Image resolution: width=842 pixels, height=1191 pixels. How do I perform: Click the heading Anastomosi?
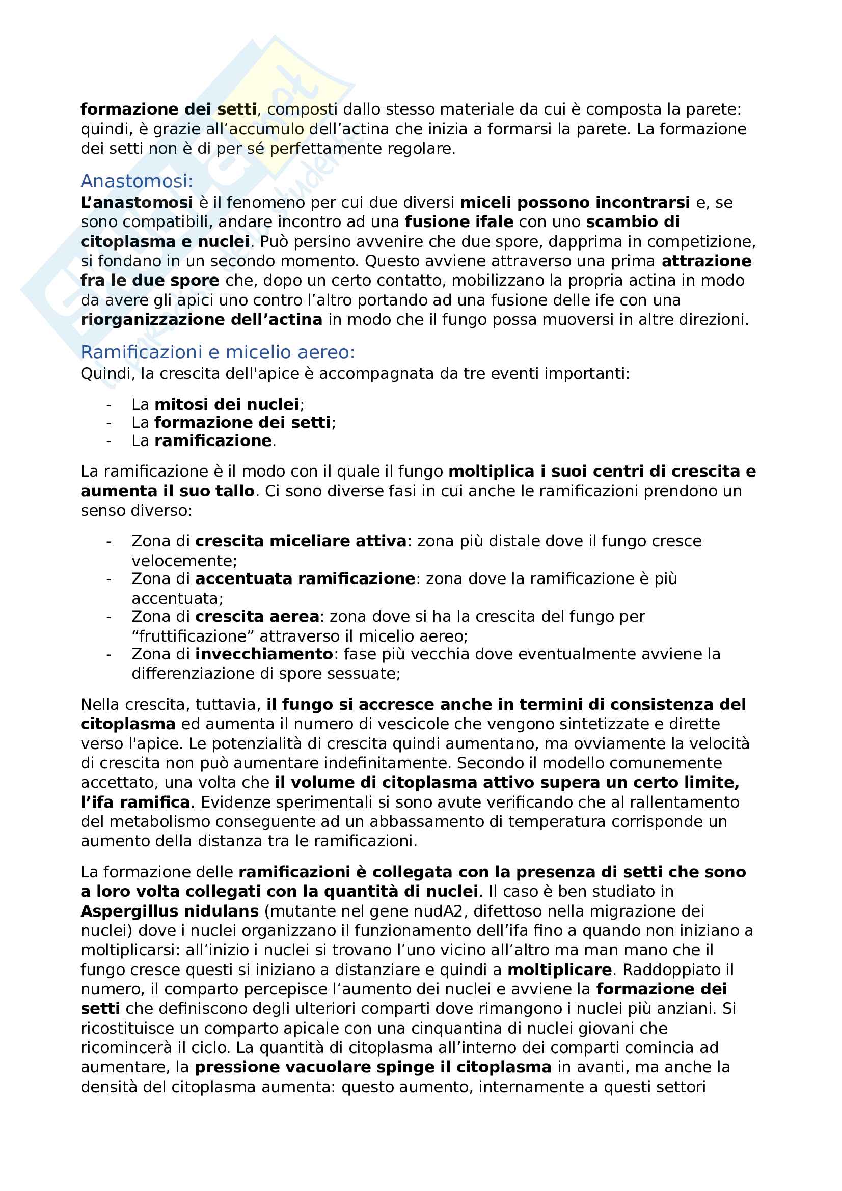[137, 181]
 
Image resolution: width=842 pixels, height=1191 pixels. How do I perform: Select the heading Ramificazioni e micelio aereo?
[218, 352]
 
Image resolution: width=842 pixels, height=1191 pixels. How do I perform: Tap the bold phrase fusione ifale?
[459, 222]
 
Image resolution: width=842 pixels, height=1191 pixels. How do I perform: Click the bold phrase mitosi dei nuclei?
[227, 404]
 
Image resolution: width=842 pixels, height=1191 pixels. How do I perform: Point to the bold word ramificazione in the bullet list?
[213, 440]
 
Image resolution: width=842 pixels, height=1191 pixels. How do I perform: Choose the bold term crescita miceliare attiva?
[301, 541]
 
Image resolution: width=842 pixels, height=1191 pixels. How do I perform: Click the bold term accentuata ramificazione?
[305, 578]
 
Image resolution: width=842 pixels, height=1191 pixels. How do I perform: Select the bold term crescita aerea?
[257, 616]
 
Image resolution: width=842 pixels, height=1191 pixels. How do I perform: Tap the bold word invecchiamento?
[264, 654]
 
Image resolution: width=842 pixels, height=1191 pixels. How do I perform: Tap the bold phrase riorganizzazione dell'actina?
[201, 320]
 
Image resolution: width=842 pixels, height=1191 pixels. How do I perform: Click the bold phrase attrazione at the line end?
[706, 261]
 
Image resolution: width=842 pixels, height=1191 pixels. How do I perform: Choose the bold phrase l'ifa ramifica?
[135, 802]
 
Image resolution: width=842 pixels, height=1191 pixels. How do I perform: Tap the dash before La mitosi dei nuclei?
[109, 404]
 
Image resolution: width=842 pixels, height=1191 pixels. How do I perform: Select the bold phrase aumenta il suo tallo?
[168, 491]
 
